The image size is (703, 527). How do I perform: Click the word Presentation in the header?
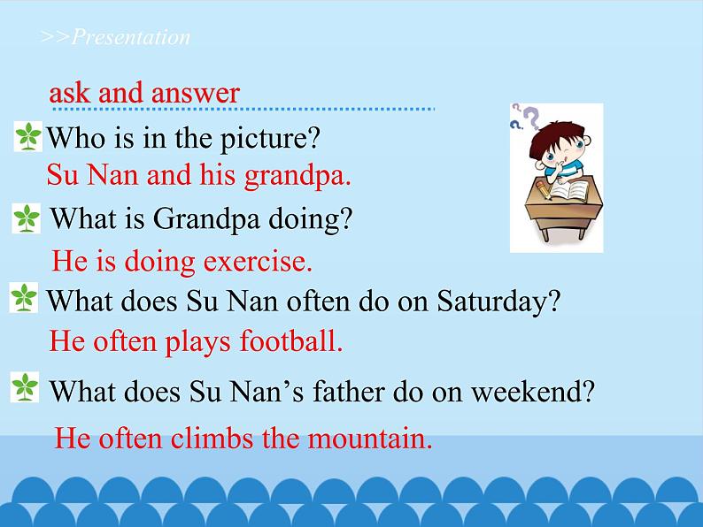pyautogui.click(x=130, y=37)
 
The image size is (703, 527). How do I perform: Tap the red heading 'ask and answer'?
pyautogui.click(x=144, y=93)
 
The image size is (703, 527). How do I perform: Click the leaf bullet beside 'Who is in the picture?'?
pyautogui.click(x=29, y=137)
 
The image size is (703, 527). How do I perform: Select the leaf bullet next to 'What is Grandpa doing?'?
pyautogui.click(x=27, y=218)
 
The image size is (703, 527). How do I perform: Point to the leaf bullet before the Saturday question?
pyautogui.click(x=24, y=298)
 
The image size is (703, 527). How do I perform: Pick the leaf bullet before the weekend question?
pyautogui.click(x=24, y=386)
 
